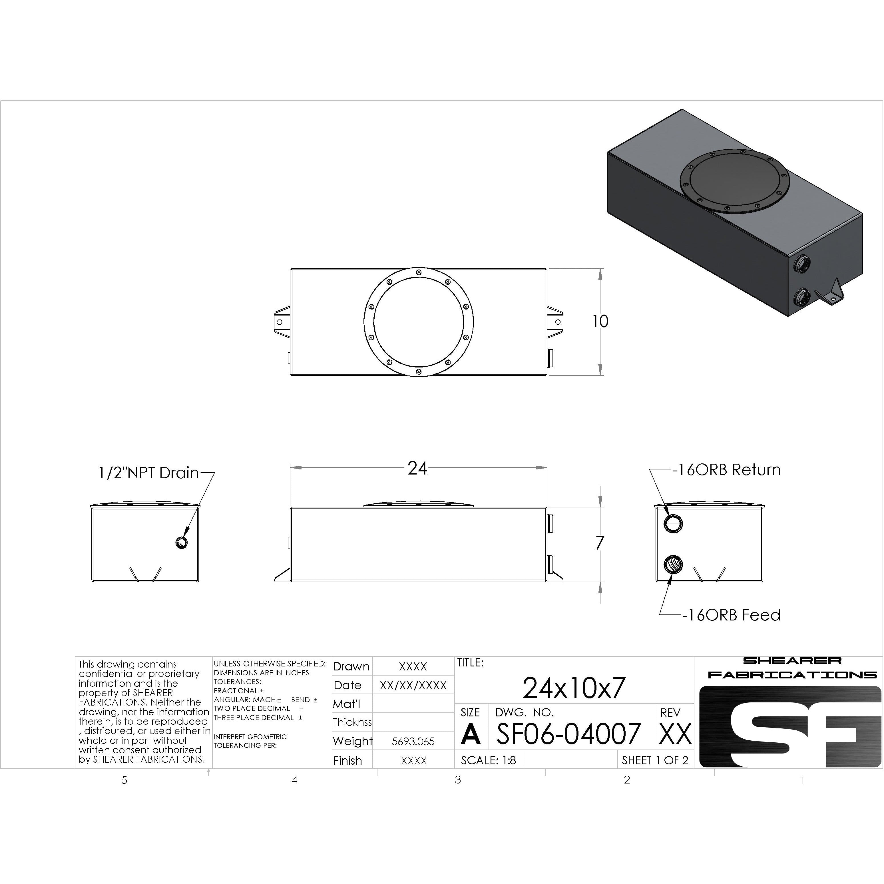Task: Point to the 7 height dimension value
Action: click(x=600, y=543)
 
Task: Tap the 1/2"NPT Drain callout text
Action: click(x=149, y=473)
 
